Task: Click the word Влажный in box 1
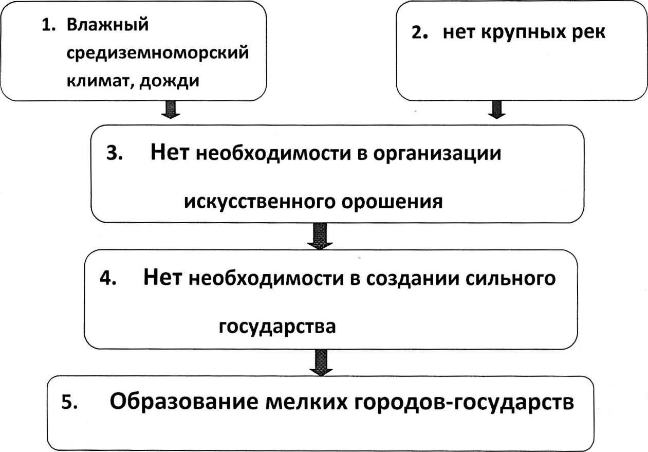point(107,25)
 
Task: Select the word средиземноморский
point(158,53)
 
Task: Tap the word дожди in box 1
point(169,82)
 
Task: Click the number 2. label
point(420,32)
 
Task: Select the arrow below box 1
point(171,110)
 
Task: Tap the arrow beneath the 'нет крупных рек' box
point(497,110)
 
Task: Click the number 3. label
point(115,153)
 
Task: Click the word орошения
point(392,202)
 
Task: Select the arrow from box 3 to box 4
point(320,236)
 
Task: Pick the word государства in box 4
point(277,327)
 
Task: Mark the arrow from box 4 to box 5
point(321,363)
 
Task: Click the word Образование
point(183,402)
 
